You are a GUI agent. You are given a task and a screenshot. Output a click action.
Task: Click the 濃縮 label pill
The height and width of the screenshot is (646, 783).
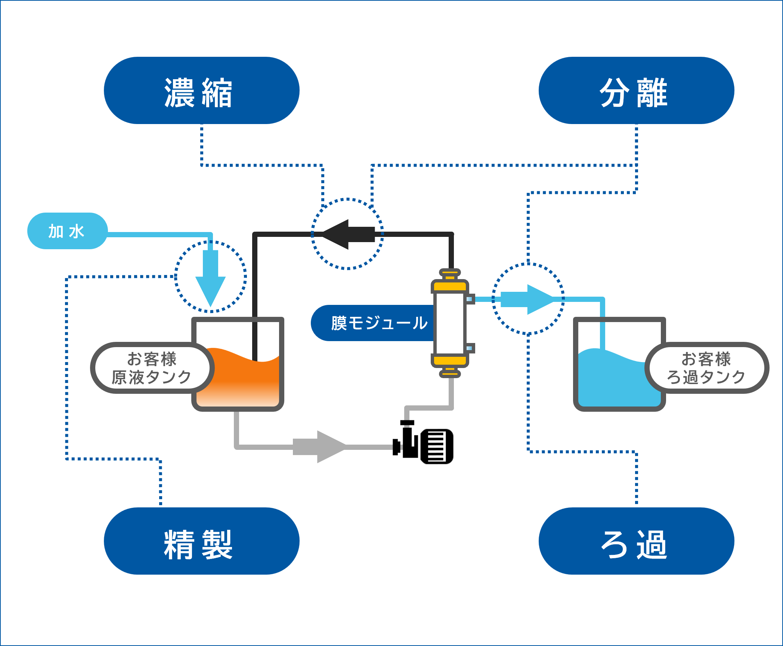click(202, 90)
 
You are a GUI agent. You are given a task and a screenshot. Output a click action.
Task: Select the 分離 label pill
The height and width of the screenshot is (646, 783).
click(636, 90)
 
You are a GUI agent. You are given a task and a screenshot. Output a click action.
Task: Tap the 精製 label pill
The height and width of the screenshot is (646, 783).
click(202, 541)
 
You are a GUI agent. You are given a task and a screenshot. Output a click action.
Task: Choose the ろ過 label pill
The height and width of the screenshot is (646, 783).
click(636, 541)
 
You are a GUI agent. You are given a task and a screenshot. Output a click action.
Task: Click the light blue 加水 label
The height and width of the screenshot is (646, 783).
click(67, 231)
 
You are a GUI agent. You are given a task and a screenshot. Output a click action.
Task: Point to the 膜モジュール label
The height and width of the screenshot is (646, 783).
click(374, 323)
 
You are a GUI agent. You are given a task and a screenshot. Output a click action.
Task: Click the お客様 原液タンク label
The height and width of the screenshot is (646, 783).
click(152, 368)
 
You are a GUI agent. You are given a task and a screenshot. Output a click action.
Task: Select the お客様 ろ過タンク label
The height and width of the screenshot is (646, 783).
click(706, 368)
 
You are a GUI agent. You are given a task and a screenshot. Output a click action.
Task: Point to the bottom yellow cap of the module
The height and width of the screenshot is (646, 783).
click(450, 361)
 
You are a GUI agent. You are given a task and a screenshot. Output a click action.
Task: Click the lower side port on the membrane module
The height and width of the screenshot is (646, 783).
click(470, 348)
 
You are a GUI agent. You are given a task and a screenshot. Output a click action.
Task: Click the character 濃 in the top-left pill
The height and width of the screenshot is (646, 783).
click(179, 93)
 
